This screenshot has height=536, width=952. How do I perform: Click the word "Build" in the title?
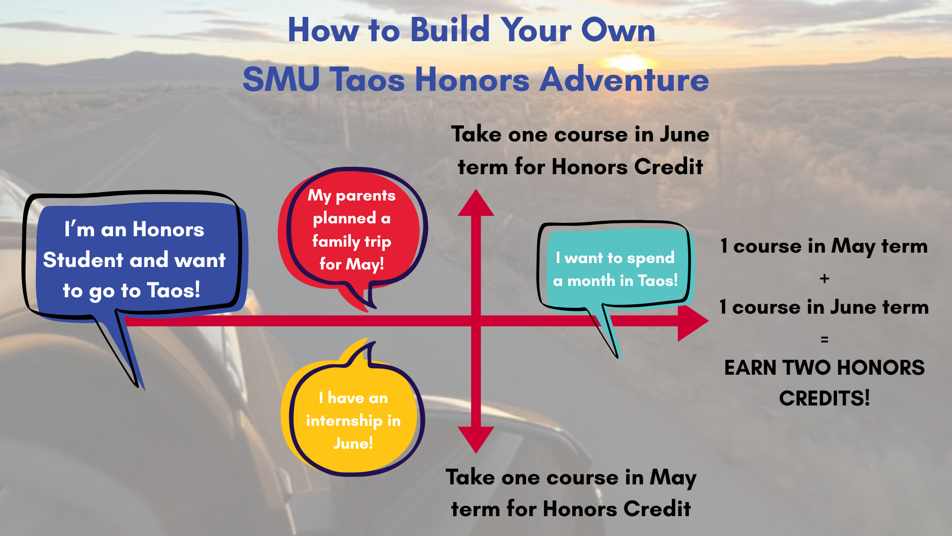click(450, 30)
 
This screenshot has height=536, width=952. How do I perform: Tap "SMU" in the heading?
click(281, 79)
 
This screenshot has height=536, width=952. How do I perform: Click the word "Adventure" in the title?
click(624, 79)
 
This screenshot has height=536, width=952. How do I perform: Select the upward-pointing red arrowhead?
click(476, 202)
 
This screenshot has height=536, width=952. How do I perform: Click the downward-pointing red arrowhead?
click(476, 440)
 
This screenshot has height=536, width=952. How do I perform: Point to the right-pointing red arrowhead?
click(693, 323)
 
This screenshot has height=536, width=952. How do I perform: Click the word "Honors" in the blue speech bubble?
click(169, 230)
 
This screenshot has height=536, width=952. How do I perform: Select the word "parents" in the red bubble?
click(365, 196)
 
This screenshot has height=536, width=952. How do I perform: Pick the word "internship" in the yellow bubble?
click(345, 421)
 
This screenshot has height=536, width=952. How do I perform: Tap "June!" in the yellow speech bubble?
click(353, 443)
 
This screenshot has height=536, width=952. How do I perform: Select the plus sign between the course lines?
click(825, 278)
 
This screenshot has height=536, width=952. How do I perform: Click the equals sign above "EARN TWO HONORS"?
click(825, 339)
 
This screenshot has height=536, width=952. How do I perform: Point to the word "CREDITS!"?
click(825, 398)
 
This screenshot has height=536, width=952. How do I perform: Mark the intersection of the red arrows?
click(476, 321)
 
